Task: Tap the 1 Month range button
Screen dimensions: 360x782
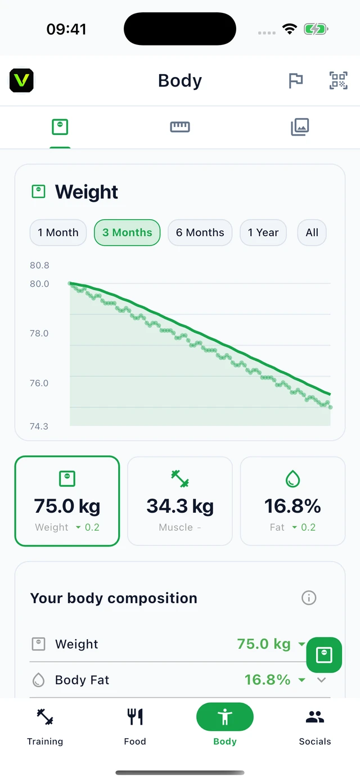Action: tap(58, 233)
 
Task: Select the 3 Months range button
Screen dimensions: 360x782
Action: tap(127, 233)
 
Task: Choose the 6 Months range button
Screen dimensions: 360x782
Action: tap(200, 233)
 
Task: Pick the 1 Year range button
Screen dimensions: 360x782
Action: tap(263, 233)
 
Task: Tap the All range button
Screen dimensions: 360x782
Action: tap(312, 233)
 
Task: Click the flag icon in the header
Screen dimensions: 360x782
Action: tap(296, 80)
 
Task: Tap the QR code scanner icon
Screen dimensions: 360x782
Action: tap(339, 80)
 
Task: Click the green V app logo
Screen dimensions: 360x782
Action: tap(21, 80)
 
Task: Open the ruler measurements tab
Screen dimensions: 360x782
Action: tap(180, 126)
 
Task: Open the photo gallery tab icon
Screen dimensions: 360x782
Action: tap(300, 126)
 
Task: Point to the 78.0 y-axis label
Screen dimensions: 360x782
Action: tap(39, 333)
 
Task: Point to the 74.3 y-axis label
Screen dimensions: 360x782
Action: tap(39, 426)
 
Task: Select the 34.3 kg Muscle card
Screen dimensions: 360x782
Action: tap(180, 501)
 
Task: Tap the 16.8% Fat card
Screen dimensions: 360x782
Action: tap(292, 501)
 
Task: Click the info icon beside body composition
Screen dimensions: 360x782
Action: tap(309, 598)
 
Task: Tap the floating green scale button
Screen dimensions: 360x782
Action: tap(324, 655)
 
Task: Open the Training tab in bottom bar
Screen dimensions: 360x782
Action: tap(45, 727)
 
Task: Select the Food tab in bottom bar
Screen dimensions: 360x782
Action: tap(135, 727)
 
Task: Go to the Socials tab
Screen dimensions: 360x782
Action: tap(315, 727)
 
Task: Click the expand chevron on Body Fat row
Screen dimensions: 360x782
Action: tap(322, 680)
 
